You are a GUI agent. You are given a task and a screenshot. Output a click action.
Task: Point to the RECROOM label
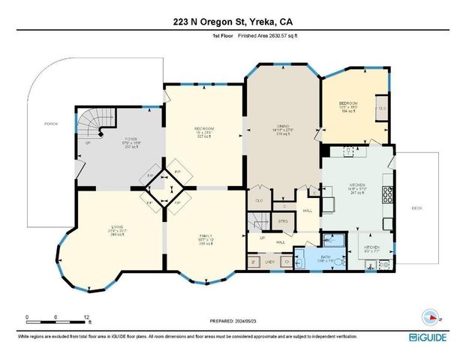[x=204, y=129]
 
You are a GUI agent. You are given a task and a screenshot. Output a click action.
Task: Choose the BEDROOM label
[x=347, y=103]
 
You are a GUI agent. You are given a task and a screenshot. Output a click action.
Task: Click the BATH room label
[x=326, y=257]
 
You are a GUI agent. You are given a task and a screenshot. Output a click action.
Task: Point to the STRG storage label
[x=283, y=222]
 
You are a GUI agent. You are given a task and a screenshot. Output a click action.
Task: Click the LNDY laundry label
[x=269, y=262]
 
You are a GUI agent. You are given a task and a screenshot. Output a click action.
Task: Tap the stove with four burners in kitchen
[x=388, y=194]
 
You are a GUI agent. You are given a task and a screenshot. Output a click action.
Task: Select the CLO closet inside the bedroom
[x=382, y=108]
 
